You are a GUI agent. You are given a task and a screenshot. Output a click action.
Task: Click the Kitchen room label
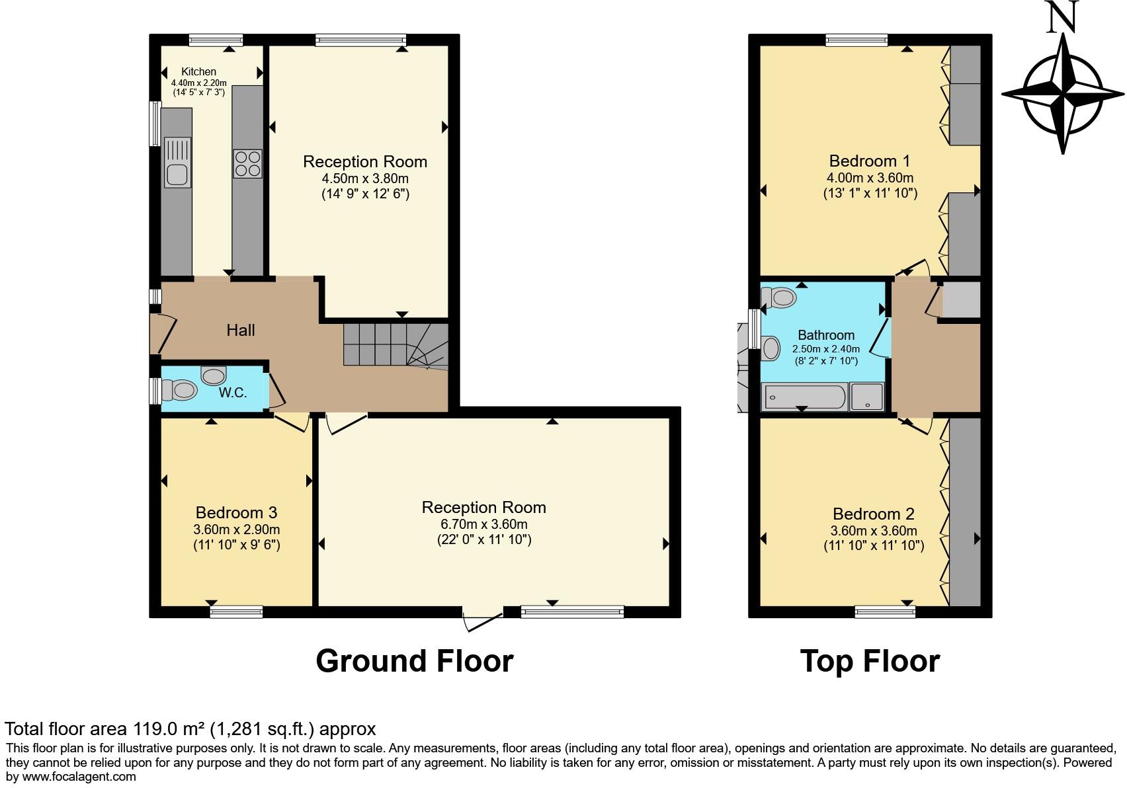pyautogui.click(x=198, y=72)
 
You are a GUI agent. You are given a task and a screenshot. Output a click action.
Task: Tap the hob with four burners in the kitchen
pyautogui.click(x=247, y=163)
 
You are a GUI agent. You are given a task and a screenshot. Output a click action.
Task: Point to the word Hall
pyautogui.click(x=241, y=331)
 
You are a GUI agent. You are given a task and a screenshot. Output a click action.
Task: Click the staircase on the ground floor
pyautogui.click(x=396, y=345)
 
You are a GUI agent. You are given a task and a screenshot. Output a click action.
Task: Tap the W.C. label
pyautogui.click(x=232, y=393)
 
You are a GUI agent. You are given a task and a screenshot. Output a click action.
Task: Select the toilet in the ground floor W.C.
pyautogui.click(x=179, y=390)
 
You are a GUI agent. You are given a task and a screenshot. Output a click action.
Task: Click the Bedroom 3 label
pyautogui.click(x=237, y=512)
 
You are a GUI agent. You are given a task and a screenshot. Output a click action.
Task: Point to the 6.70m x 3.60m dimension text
pyautogui.click(x=484, y=524)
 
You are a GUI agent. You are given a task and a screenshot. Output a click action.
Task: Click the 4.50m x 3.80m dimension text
pyautogui.click(x=365, y=178)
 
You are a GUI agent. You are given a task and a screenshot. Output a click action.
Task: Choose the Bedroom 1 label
pyautogui.click(x=870, y=161)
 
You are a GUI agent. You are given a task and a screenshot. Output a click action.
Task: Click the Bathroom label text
pyautogui.click(x=826, y=335)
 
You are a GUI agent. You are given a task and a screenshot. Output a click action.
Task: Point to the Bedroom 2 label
pyautogui.click(x=874, y=514)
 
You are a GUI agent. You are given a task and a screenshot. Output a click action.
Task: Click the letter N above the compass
pyautogui.click(x=1062, y=16)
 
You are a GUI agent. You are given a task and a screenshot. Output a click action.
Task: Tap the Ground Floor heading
pyautogui.click(x=415, y=661)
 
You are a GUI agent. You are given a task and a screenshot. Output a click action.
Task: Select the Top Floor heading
pyautogui.click(x=870, y=661)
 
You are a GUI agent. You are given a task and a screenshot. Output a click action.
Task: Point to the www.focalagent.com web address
pyautogui.click(x=79, y=777)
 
